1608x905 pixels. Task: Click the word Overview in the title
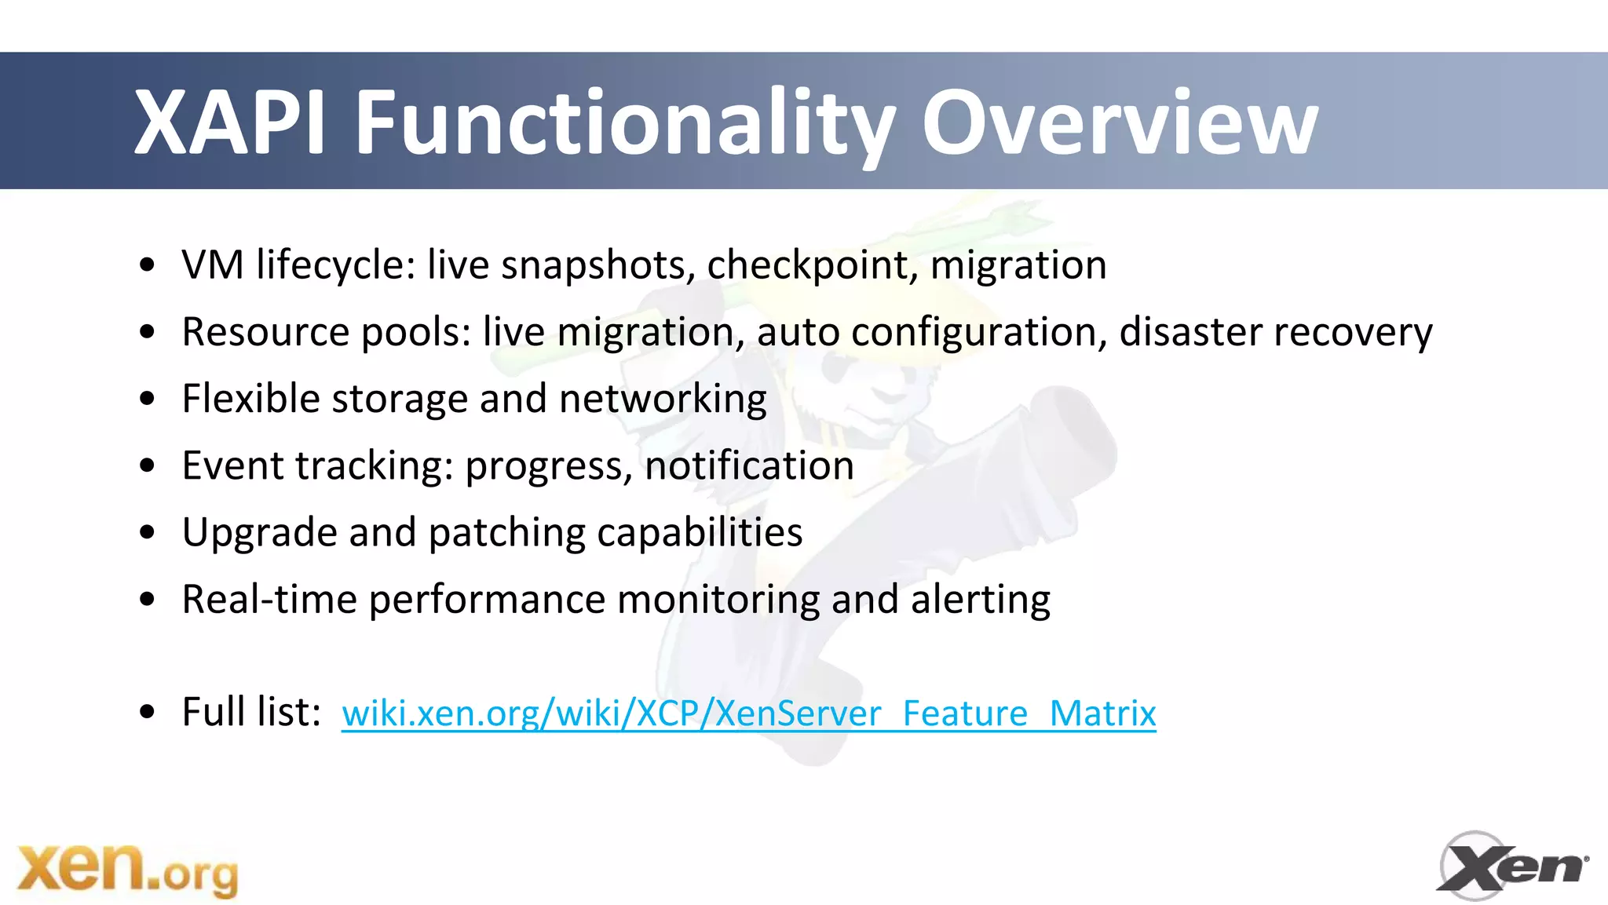[x=1120, y=122]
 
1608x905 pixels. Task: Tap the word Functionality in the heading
[x=624, y=124]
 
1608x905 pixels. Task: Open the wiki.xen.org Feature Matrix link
[x=748, y=713]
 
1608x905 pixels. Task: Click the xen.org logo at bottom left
[x=127, y=870]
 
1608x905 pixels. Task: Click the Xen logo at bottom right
[x=1511, y=867]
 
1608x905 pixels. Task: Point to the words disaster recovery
[x=1275, y=332]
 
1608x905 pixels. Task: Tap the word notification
[x=749, y=465]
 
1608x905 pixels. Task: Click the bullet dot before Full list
[x=147, y=713]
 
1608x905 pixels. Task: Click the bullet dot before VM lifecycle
[x=147, y=265]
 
